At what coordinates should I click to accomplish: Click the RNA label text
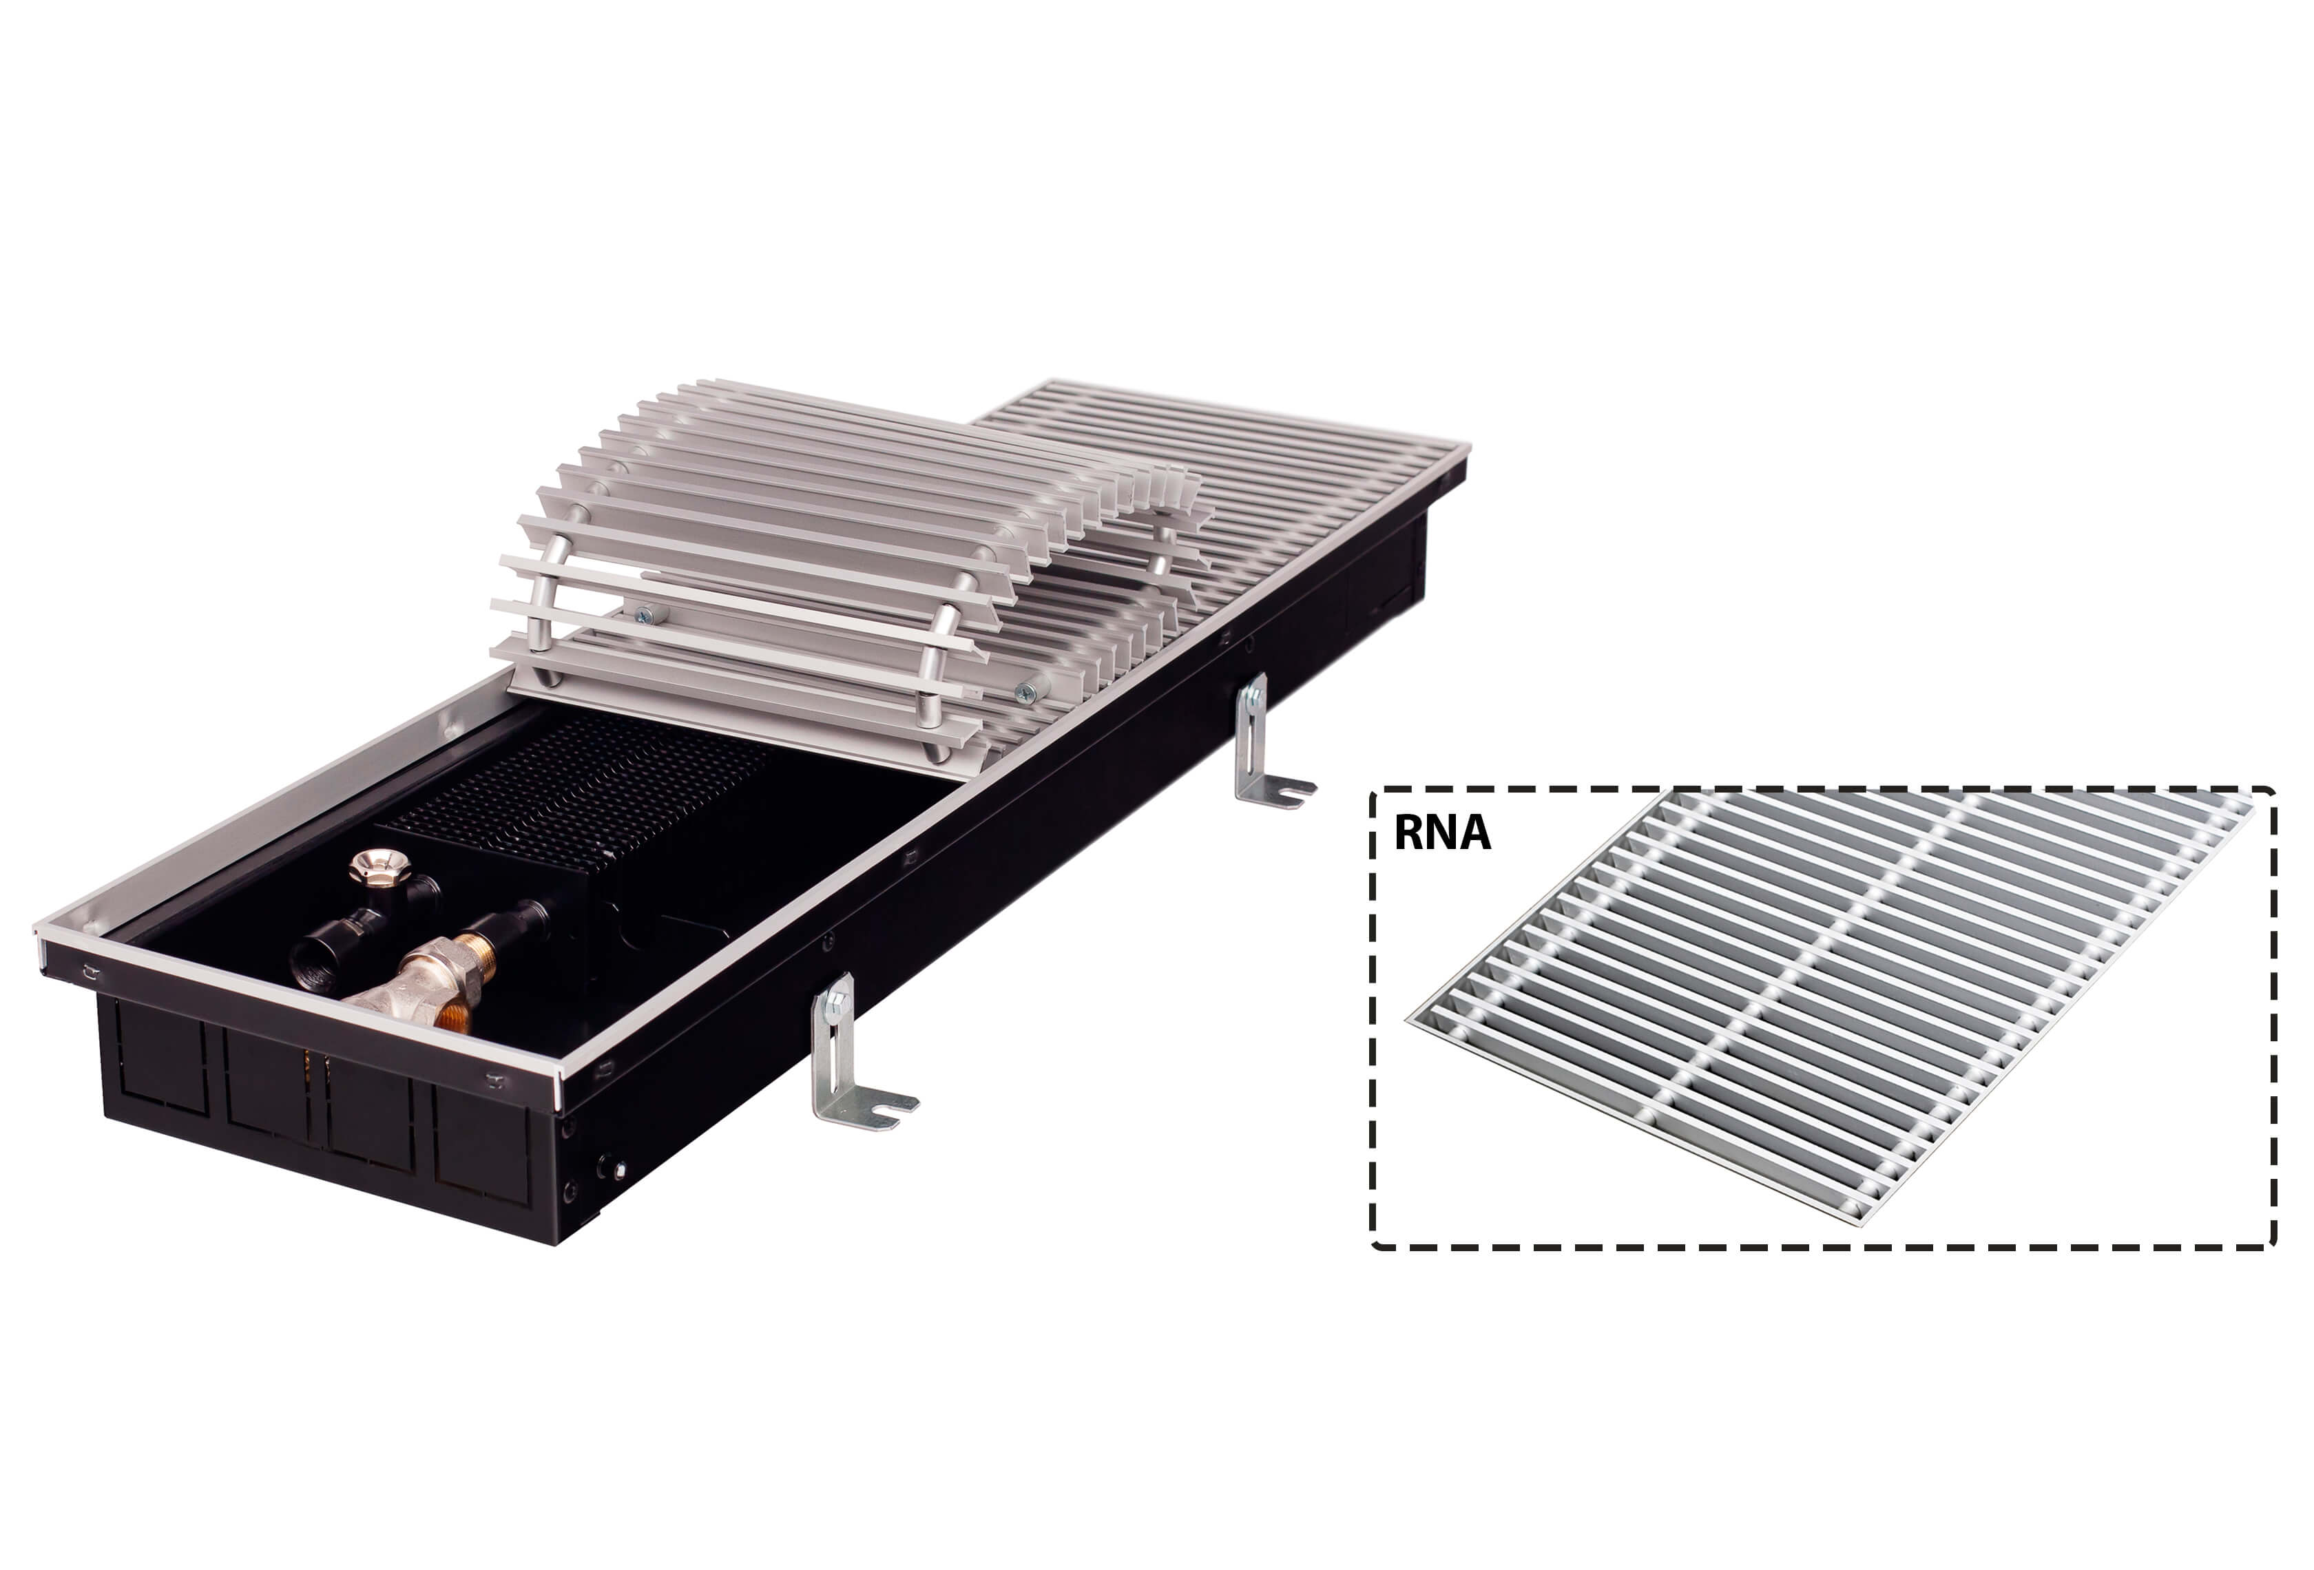[x=1441, y=833]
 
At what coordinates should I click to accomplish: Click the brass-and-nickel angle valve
[x=428, y=985]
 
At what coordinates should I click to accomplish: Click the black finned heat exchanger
[x=578, y=797]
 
